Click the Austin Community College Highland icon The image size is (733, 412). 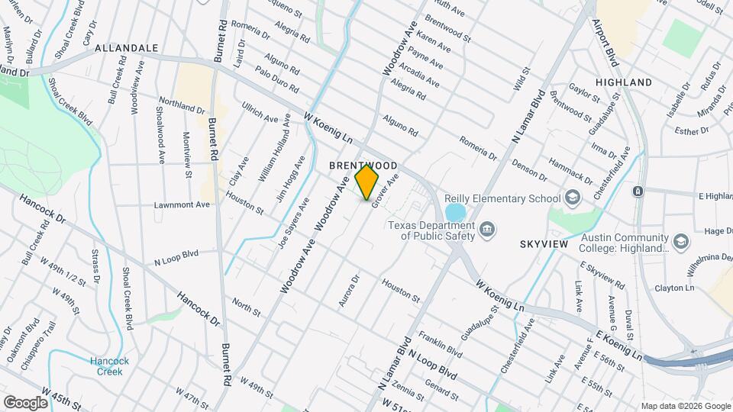point(680,243)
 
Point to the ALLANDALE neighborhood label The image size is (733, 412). point(126,48)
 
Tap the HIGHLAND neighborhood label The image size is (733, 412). point(624,82)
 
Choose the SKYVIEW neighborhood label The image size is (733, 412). point(545,243)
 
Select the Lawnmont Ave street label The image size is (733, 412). point(181,204)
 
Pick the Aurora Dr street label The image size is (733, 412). point(349,291)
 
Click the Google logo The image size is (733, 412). point(26,401)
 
